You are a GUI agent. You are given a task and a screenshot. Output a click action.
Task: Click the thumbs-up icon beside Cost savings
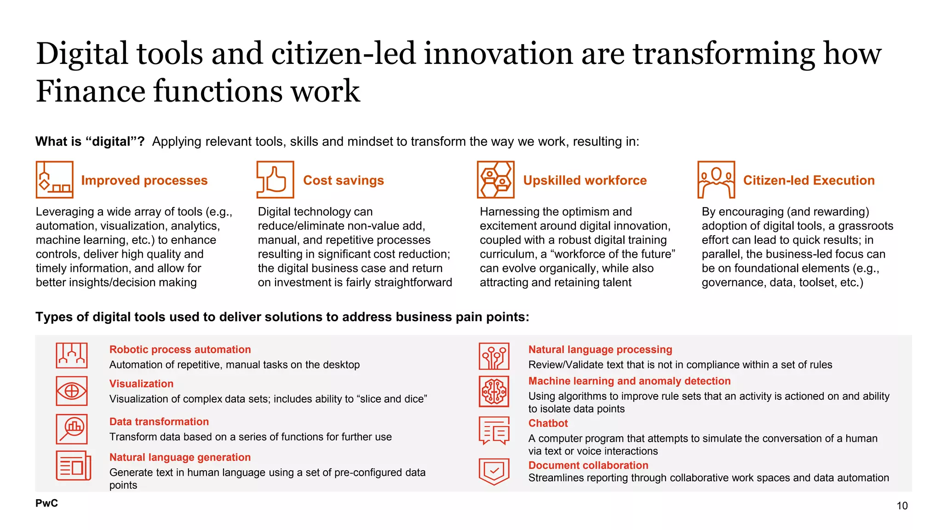275,179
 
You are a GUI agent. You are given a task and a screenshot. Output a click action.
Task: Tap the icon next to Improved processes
54,179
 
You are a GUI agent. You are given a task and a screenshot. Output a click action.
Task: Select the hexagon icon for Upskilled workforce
495,179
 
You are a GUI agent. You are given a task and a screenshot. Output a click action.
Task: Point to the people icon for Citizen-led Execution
716,179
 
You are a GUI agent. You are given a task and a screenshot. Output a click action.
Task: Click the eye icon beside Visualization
72,391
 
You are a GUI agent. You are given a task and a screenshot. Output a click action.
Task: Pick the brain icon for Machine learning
494,392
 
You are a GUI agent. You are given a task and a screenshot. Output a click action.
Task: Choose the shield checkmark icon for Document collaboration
494,472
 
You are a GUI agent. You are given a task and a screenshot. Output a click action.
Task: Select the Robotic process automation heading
180,350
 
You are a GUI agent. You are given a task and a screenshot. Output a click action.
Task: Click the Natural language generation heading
180,457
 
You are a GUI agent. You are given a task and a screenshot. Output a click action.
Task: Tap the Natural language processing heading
600,350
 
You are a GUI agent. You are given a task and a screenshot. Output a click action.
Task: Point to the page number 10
902,506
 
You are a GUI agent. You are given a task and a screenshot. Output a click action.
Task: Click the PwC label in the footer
46,503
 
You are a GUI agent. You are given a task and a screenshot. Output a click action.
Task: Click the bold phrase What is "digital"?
90,142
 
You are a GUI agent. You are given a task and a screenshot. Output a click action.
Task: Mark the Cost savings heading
343,180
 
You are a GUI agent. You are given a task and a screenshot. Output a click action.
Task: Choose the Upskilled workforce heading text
585,180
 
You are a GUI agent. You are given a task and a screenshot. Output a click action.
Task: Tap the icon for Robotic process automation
72,356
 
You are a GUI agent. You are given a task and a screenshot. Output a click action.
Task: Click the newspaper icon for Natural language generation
73,466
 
